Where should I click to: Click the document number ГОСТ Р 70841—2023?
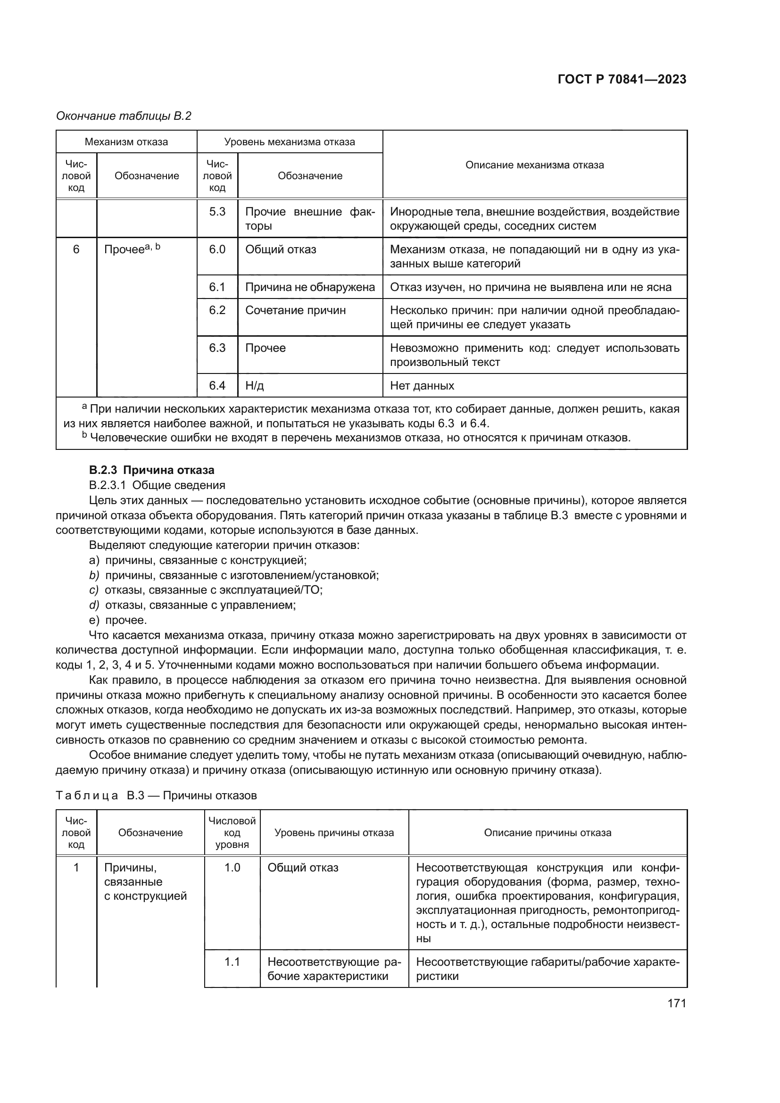tap(622, 80)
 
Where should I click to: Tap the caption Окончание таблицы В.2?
tap(124, 116)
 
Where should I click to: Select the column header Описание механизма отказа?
tap(535, 165)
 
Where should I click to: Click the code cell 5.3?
tap(217, 212)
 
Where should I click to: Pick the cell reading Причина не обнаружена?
tap(310, 287)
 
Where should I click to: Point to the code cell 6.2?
tap(217, 310)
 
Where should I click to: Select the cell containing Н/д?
tap(255, 386)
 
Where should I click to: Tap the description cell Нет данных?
tap(422, 386)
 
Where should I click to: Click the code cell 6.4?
tap(217, 386)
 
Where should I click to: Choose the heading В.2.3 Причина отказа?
tap(152, 470)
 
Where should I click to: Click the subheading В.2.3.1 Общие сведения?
tap(157, 485)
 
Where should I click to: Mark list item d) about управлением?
tap(192, 605)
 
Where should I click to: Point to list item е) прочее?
tap(118, 620)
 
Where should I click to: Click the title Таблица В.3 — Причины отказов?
tap(156, 796)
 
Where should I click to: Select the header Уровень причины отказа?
tap(334, 832)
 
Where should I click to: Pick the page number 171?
tap(676, 1003)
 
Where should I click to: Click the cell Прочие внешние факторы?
tap(310, 219)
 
